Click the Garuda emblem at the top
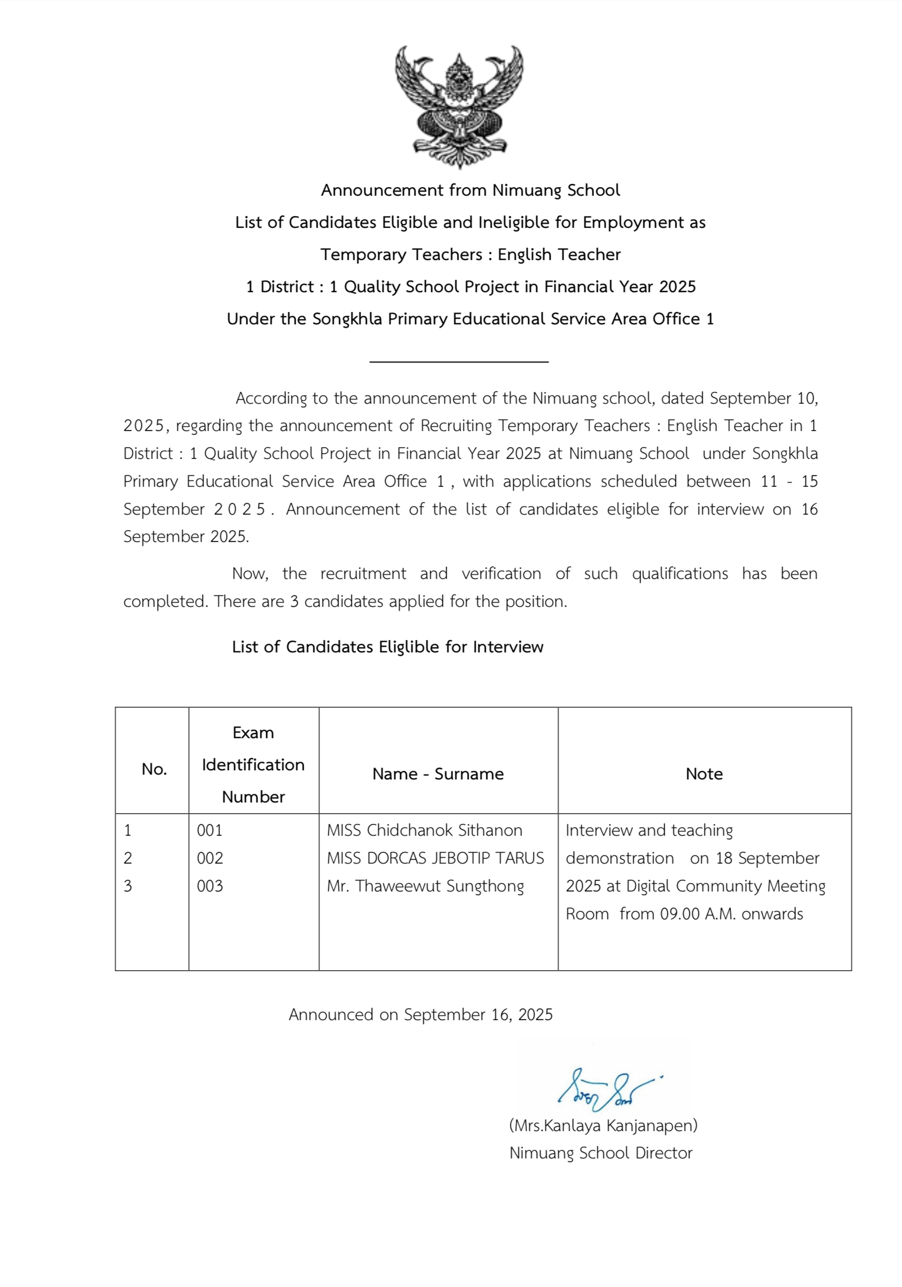[459, 107]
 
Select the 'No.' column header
[154, 769]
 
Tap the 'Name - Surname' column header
[438, 774]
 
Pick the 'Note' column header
[704, 774]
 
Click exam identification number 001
[209, 830]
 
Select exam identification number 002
[209, 858]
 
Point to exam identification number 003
[209, 886]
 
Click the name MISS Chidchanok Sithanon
[424, 830]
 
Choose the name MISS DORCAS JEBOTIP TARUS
[435, 858]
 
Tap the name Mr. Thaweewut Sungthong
[425, 886]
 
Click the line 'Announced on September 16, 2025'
[420, 1015]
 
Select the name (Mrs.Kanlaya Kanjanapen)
[603, 1125]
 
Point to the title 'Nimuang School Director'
[600, 1153]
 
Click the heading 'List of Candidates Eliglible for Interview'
[387, 647]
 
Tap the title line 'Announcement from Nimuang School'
[470, 191]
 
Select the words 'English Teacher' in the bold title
[559, 255]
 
